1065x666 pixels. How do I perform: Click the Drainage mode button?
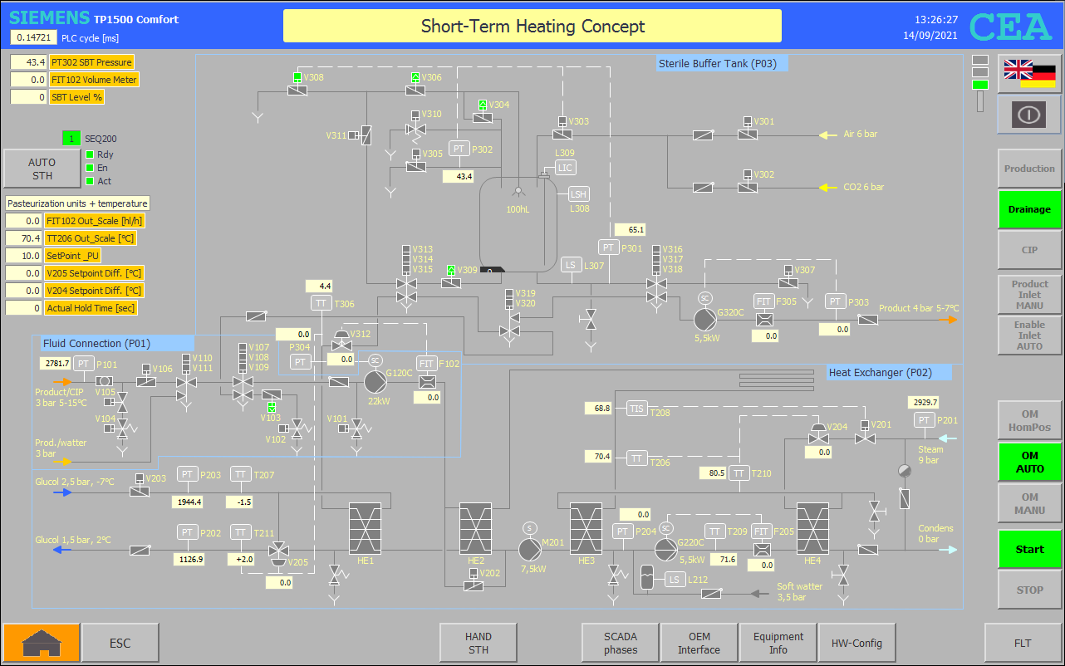coord(1029,209)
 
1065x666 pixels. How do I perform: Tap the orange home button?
coord(42,643)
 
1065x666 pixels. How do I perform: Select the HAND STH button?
coord(478,643)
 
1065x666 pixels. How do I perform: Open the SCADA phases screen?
coord(620,643)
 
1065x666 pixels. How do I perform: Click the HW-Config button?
coord(856,643)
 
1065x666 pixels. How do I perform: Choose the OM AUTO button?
coord(1029,462)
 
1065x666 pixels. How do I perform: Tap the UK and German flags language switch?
coord(1029,74)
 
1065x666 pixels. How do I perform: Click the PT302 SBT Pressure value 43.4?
coord(28,62)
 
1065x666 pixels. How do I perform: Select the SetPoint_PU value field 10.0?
coord(24,256)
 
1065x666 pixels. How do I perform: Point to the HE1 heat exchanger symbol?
coord(366,529)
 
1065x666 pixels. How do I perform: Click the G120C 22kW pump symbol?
coord(375,382)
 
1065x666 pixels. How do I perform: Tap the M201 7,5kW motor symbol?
coord(530,550)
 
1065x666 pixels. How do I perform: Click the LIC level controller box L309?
coord(565,168)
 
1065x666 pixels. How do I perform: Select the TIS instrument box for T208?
coord(636,409)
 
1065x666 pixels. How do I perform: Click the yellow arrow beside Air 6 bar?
coord(827,135)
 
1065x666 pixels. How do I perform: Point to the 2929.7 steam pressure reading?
coord(925,402)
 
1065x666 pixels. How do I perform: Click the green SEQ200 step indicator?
coord(71,139)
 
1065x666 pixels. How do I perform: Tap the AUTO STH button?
coord(42,169)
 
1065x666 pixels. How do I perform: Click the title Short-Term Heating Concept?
coord(532,26)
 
